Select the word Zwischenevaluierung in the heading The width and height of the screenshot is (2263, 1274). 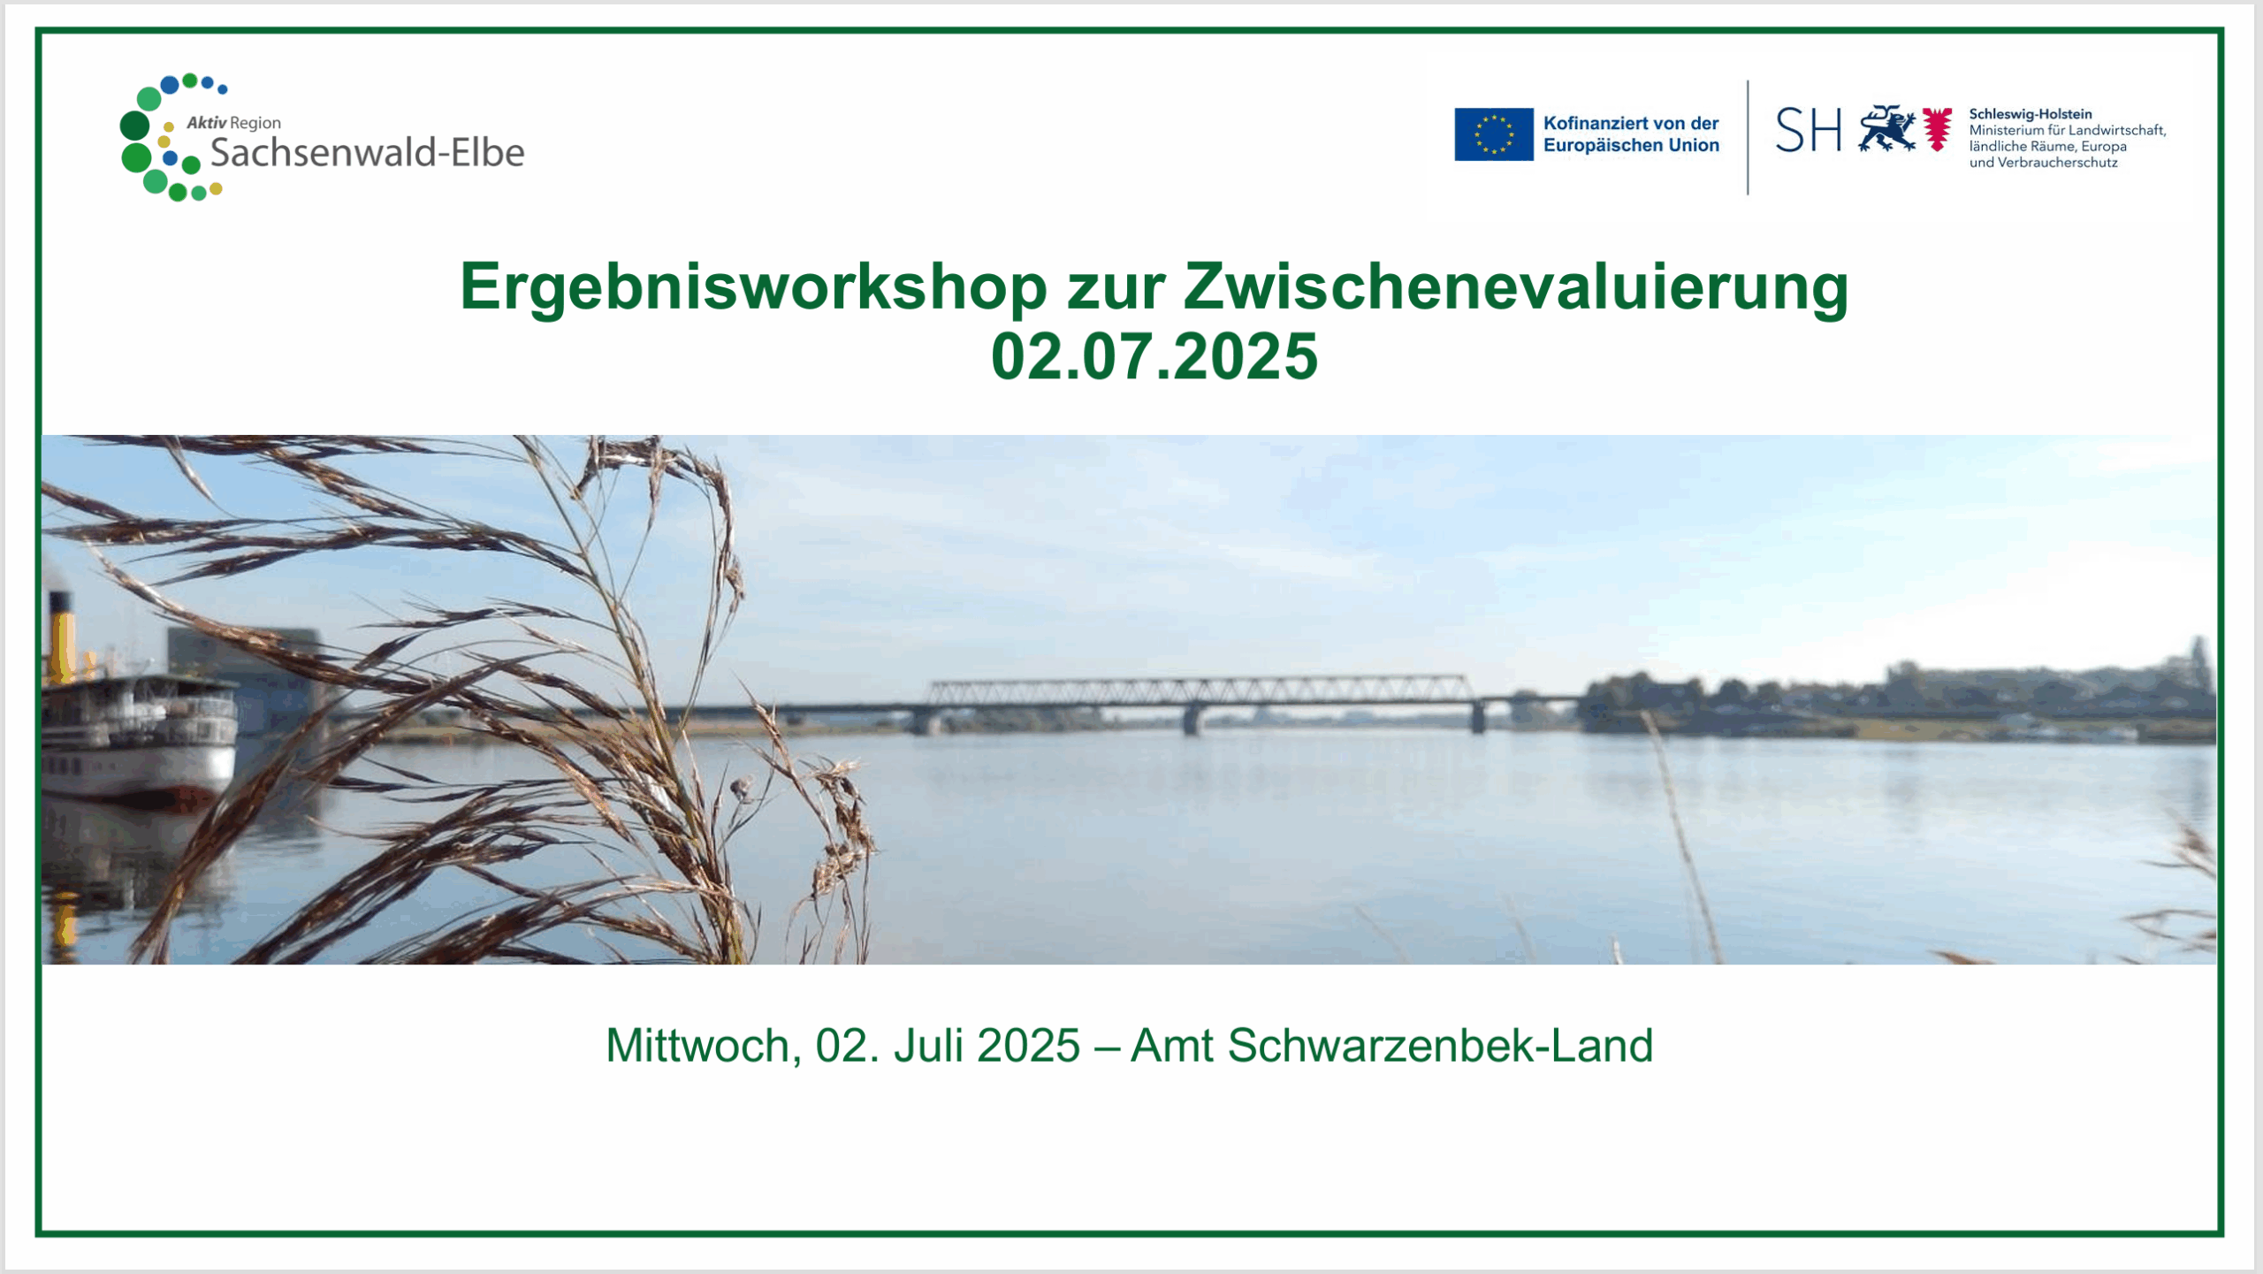[1515, 286]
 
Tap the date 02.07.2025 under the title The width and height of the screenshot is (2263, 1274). [1154, 356]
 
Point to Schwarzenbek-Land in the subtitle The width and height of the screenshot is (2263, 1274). [1440, 1046]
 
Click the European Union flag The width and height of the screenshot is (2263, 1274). [1494, 134]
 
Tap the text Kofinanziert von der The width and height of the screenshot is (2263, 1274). [1631, 124]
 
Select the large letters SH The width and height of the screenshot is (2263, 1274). [1809, 130]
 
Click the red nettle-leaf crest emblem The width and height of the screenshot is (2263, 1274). [1937, 129]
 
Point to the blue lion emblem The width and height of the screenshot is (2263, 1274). [1886, 129]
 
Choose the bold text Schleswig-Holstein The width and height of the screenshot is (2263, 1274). [2031, 114]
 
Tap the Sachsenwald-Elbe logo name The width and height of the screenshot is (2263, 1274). [367, 153]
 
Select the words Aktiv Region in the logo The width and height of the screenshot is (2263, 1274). [233, 123]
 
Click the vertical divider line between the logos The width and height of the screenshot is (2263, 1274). [1748, 137]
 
